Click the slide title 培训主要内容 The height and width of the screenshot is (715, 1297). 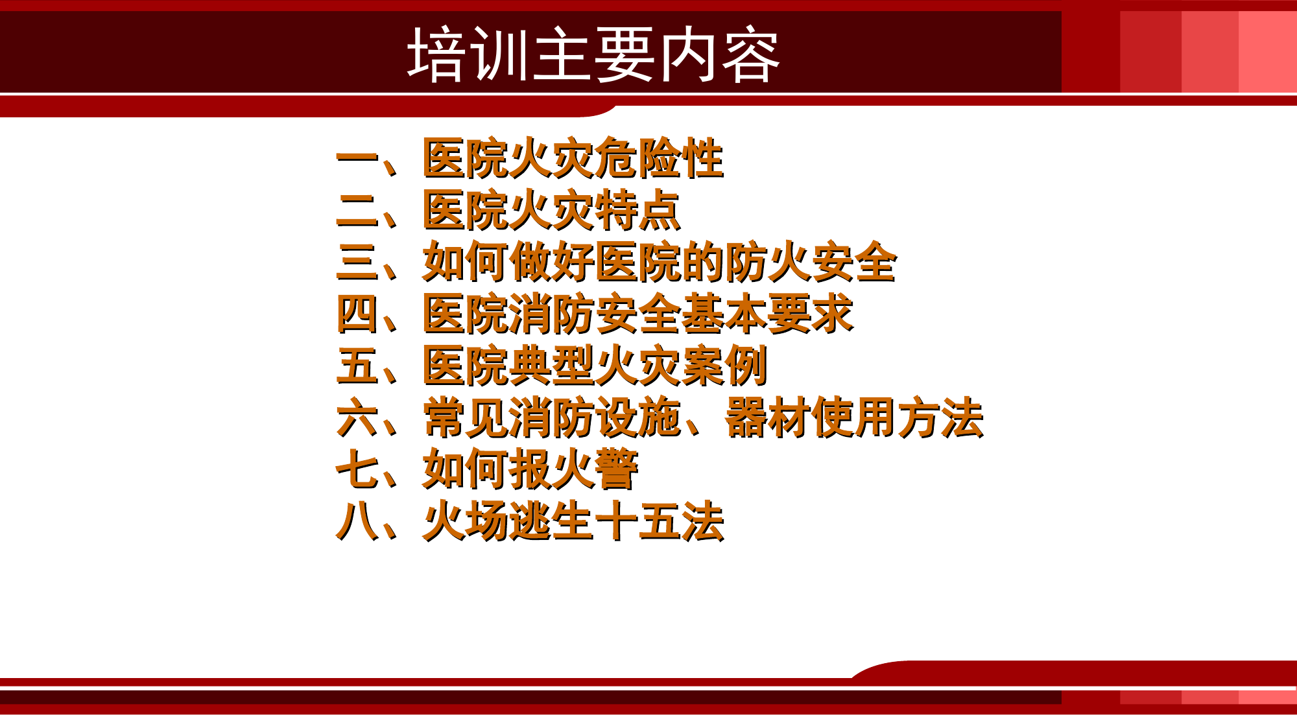pos(593,54)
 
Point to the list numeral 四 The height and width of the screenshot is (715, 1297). pos(357,314)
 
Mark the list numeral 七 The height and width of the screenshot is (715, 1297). pos(357,469)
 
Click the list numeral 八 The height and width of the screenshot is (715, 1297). pos(357,521)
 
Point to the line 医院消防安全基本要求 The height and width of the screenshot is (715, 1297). pos(637,314)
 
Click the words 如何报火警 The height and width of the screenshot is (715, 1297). pos(530,469)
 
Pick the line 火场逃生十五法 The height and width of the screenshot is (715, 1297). pos(573,521)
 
